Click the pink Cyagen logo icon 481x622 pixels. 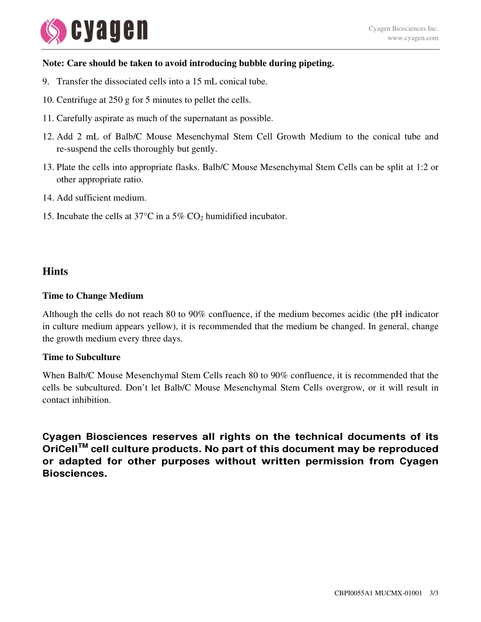[x=53, y=31]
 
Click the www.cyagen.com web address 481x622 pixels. [x=413, y=38]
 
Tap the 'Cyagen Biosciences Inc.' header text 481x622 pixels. [x=403, y=29]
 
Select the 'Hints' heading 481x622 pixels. [x=55, y=272]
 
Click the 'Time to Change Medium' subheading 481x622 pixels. [x=93, y=296]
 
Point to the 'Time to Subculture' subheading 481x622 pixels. [x=82, y=357]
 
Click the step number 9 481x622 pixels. [x=46, y=81]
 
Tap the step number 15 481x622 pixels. [x=48, y=216]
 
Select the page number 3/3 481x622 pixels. [x=433, y=593]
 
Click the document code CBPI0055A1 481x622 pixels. [x=353, y=593]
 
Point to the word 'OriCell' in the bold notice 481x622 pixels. [x=62, y=449]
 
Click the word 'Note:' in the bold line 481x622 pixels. [x=54, y=63]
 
